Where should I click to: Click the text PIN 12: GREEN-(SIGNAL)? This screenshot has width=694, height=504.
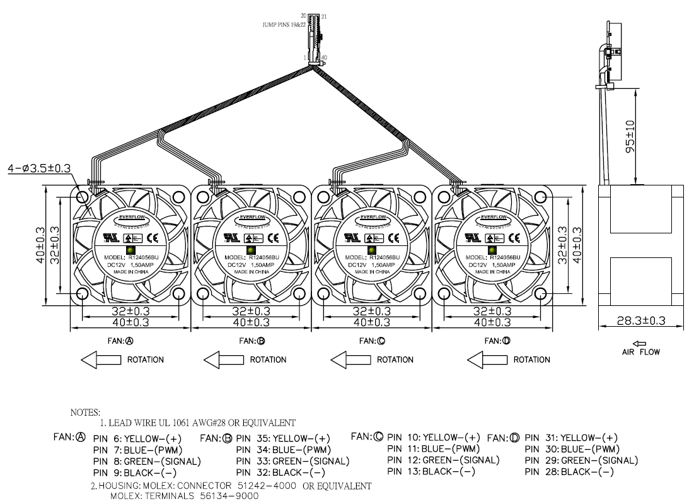pos(443,460)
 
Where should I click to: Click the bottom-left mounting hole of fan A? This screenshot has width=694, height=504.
pos(82,293)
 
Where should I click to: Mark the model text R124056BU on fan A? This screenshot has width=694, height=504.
pos(144,257)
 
